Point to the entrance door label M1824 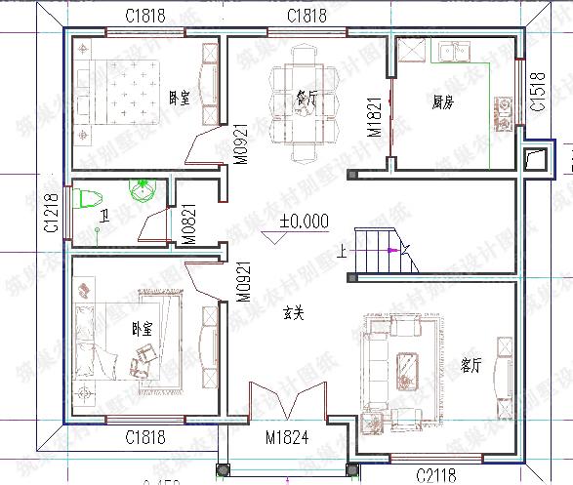287,439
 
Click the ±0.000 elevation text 304,221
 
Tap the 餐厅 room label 306,97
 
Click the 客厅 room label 471,365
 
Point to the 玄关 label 294,314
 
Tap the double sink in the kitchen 453,50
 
